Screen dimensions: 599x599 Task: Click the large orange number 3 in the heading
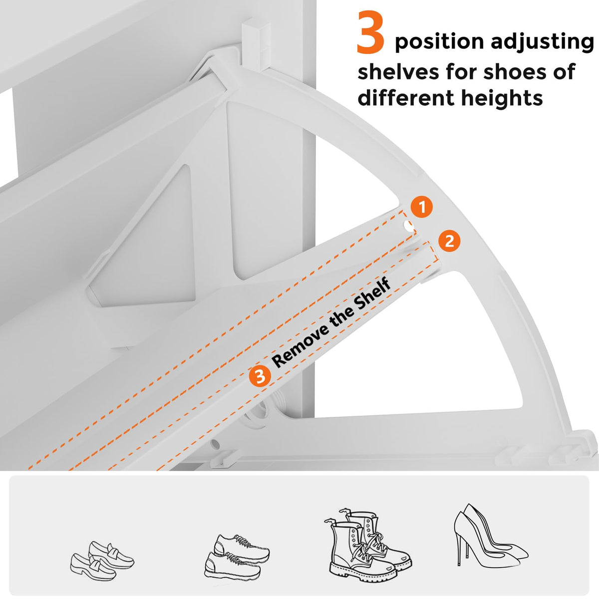pos(370,32)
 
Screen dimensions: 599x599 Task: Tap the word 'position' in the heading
pos(439,42)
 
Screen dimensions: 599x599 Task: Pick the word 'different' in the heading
pos(406,97)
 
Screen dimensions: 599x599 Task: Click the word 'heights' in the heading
pos(502,98)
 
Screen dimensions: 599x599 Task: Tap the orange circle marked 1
pos(422,207)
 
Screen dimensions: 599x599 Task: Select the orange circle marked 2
pos(449,241)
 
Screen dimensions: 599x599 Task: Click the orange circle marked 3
pos(260,376)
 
